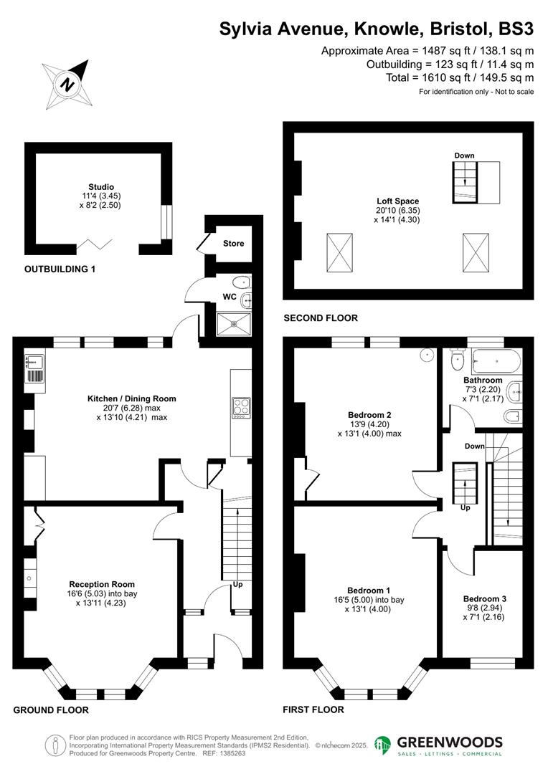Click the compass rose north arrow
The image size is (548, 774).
coord(67,83)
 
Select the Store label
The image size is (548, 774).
coord(233,244)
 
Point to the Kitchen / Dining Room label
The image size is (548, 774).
coord(131,398)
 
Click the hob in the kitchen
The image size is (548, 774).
coord(240,407)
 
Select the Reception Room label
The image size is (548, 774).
coord(101,584)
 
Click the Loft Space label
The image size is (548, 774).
coord(398,201)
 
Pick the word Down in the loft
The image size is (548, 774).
coord(464,156)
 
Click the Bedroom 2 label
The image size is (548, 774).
coord(369,415)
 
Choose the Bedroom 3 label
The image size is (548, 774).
coord(484,598)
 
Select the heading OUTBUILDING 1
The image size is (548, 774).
coord(60,269)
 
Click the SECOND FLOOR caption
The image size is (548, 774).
coord(321,317)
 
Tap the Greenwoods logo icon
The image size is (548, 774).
coord(383,745)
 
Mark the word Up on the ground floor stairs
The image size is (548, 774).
coord(237,585)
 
